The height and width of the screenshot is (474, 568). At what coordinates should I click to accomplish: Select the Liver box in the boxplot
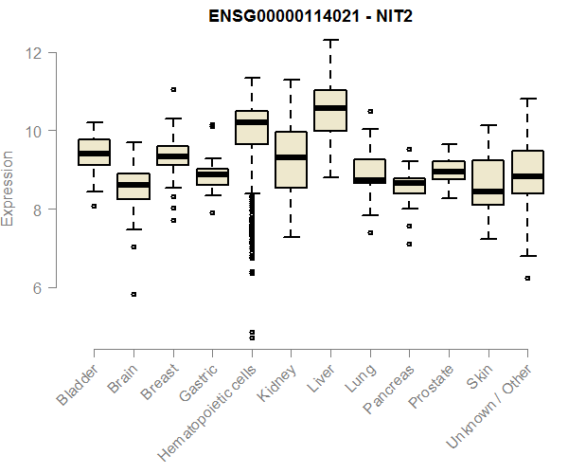click(330, 110)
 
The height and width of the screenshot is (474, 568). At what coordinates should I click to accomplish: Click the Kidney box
click(291, 159)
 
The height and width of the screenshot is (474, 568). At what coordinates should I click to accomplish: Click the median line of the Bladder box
click(94, 153)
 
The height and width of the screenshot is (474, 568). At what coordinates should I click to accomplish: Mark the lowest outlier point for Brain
click(133, 294)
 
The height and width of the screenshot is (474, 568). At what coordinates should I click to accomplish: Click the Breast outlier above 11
click(173, 90)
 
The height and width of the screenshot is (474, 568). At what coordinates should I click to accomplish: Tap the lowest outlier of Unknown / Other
click(527, 278)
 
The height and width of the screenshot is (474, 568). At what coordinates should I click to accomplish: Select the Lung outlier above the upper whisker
click(370, 112)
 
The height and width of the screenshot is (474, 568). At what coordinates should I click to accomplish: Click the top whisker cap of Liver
click(330, 40)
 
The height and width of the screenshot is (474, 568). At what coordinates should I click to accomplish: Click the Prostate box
click(449, 170)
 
